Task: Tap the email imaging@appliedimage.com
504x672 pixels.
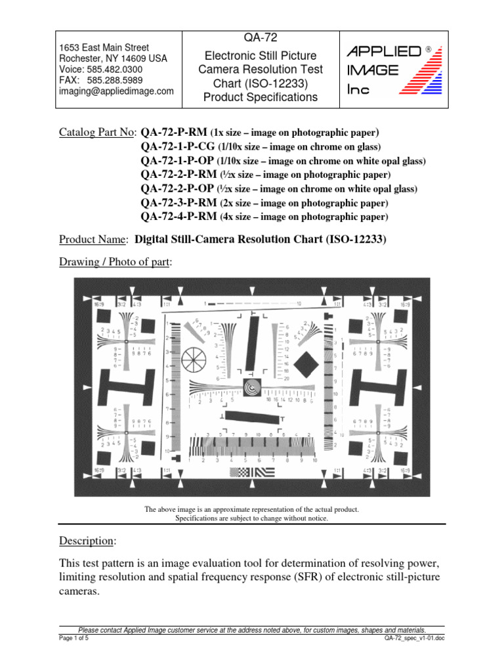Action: click(116, 91)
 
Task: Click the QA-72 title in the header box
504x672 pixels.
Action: click(260, 38)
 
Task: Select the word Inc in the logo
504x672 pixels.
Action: click(358, 91)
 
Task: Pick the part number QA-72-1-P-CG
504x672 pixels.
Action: click(177, 146)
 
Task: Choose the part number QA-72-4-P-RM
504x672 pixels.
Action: click(178, 217)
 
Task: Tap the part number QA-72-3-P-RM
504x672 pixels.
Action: click(178, 203)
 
